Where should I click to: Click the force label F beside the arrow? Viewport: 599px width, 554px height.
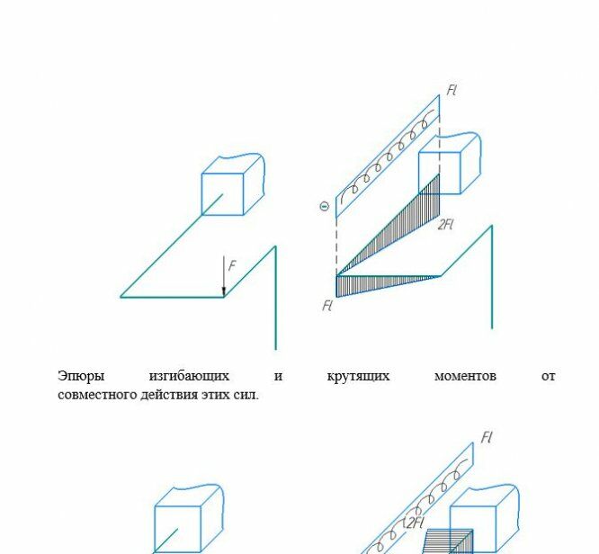click(232, 265)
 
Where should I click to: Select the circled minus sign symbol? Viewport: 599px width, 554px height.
click(324, 207)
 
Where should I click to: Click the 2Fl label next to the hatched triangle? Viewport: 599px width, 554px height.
click(445, 224)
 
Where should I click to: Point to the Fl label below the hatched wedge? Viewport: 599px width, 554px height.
click(327, 306)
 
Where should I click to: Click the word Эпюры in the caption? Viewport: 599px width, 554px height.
click(81, 376)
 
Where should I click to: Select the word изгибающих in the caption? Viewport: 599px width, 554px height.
click(189, 376)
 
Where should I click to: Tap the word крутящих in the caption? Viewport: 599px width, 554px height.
click(358, 376)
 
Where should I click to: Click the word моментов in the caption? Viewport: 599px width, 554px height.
click(465, 376)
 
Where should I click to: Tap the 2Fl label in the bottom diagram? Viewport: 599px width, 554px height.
click(414, 523)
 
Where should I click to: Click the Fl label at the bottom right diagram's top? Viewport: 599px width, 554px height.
click(487, 437)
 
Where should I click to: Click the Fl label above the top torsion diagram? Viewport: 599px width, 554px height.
click(451, 90)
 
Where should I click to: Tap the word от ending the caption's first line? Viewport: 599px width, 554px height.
click(548, 376)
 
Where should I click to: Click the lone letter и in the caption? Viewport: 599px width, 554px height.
click(279, 377)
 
